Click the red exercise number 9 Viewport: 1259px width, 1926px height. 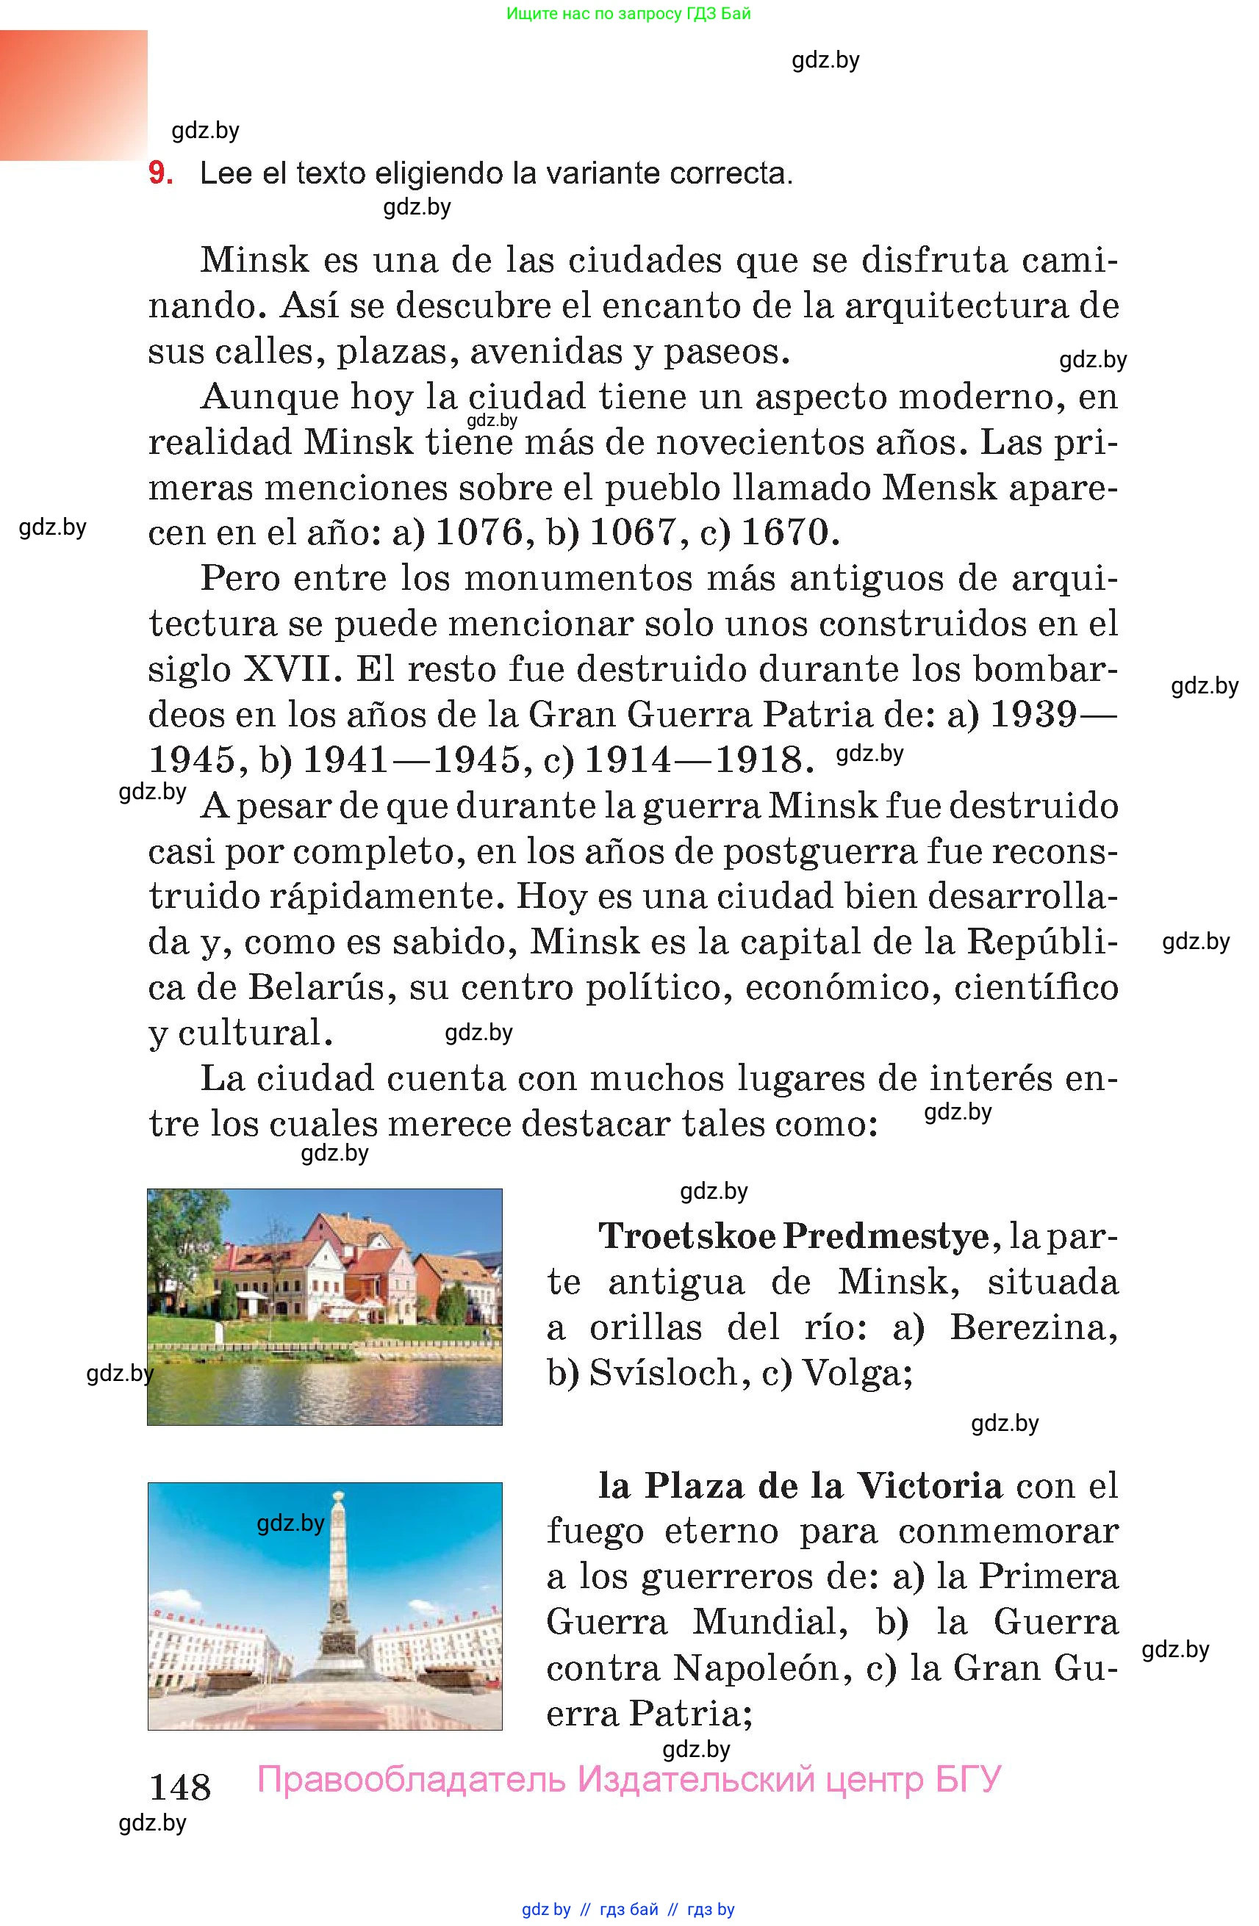159,173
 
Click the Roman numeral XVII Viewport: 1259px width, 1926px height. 287,669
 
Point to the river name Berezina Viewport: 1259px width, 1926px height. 1033,1327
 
